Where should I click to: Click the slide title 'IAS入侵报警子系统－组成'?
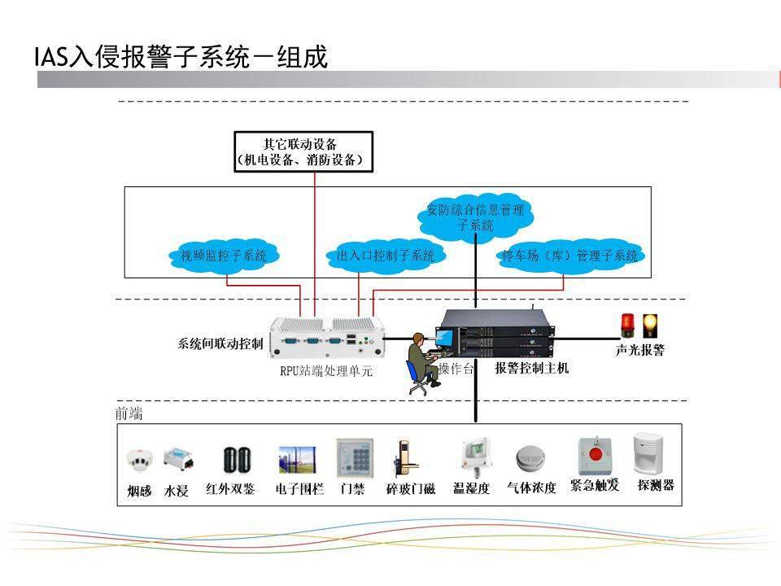point(181,57)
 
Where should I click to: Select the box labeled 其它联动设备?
point(303,151)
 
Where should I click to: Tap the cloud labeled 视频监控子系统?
point(224,256)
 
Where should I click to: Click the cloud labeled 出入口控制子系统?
point(386,256)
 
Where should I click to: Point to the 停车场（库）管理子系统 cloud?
point(569,256)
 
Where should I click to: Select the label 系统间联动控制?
point(220,343)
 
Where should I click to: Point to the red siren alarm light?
point(627,326)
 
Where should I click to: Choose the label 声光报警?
point(639,351)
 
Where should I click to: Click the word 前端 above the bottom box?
point(129,413)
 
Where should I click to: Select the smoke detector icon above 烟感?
point(138,460)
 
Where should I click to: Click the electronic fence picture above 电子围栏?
point(294,459)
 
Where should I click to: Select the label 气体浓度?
point(531,488)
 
